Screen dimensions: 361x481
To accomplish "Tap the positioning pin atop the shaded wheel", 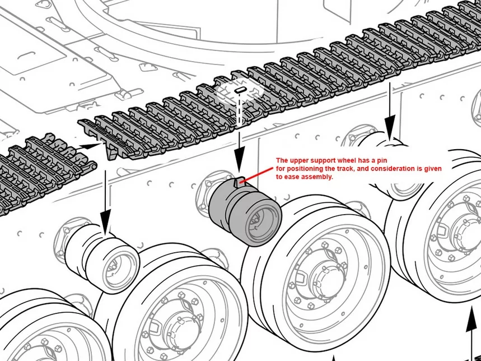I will coord(240,181).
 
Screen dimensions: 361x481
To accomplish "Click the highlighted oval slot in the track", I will coord(240,89).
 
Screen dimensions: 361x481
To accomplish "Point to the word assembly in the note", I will coord(316,177).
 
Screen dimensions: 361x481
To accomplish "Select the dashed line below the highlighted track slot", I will coord(240,109).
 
